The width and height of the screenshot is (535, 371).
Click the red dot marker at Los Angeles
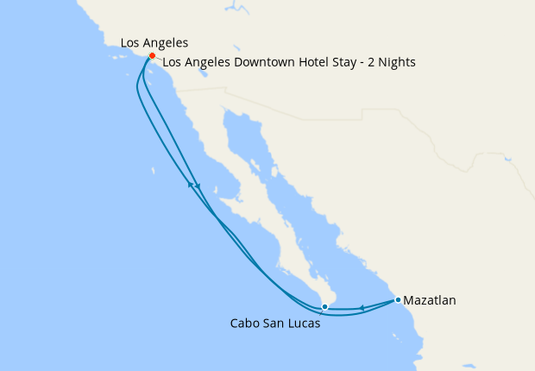pyautogui.click(x=152, y=56)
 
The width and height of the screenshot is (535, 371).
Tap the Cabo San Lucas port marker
pyautogui.click(x=324, y=306)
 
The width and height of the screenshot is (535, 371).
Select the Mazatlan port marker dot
pyautogui.click(x=398, y=299)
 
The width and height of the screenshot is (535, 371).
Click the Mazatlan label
pyautogui.click(x=430, y=301)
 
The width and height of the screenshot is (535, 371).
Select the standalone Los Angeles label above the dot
pyautogui.click(x=154, y=41)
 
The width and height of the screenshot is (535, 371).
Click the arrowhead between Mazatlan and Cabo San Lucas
pyautogui.click(x=362, y=308)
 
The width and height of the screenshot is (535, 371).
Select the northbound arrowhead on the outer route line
pyautogui.click(x=190, y=184)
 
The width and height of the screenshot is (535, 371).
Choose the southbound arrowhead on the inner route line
pyautogui.click(x=198, y=187)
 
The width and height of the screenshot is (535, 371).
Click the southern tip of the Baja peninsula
pyautogui.click(x=326, y=305)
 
